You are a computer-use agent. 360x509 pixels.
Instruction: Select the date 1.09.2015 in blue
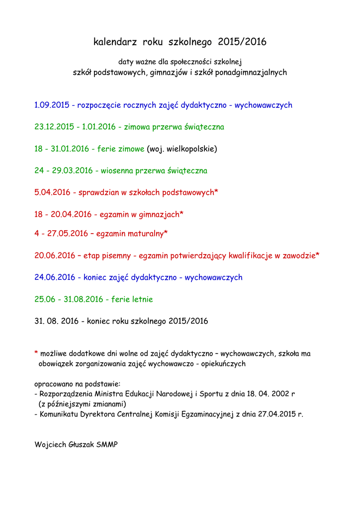[x=52, y=105]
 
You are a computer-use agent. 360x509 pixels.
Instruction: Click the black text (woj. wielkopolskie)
[x=182, y=149]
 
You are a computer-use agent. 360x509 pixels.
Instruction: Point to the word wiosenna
[x=117, y=170]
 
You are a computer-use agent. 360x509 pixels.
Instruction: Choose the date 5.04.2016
[x=52, y=192]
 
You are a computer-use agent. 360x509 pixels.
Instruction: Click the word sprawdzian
[x=98, y=192]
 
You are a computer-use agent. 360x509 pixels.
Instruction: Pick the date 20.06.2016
[x=54, y=255]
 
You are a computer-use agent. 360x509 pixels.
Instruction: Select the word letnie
[x=142, y=299]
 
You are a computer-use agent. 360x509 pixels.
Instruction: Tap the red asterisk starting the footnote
[x=36, y=353]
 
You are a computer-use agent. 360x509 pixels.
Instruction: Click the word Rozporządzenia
[x=66, y=394]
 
